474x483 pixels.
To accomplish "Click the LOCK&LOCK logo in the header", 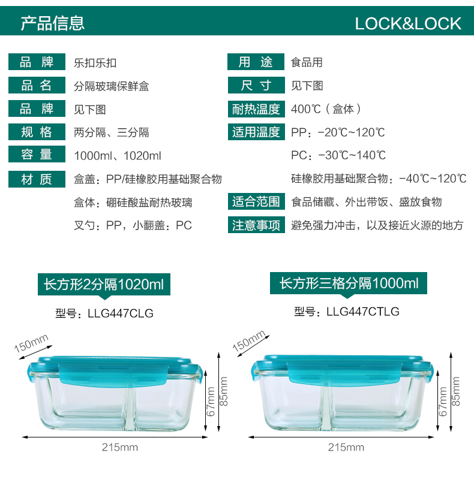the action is pyautogui.click(x=407, y=24).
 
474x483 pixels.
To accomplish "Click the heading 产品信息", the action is pyautogui.click(x=52, y=23).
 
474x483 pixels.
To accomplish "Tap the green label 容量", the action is pyautogui.click(x=37, y=155).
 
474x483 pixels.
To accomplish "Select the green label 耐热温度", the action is pyautogui.click(x=256, y=109).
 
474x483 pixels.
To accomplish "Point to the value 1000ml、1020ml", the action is pyautogui.click(x=118, y=156).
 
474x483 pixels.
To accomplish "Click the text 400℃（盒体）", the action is pyautogui.click(x=326, y=109).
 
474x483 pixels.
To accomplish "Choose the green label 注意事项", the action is pyautogui.click(x=256, y=225).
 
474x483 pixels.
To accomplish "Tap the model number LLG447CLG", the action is pyautogui.click(x=121, y=313).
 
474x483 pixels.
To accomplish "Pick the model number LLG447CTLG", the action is pyautogui.click(x=362, y=312).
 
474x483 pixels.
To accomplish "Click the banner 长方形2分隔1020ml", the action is pyautogui.click(x=104, y=284).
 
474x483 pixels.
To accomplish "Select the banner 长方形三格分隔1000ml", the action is pyautogui.click(x=349, y=283).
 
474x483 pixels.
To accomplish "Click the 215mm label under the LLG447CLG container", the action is pyautogui.click(x=120, y=447).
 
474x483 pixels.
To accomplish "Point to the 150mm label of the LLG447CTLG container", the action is pyautogui.click(x=249, y=341).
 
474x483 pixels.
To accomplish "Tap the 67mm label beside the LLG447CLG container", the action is pyautogui.click(x=211, y=402).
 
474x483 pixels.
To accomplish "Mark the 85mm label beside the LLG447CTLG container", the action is pyautogui.click(x=455, y=391).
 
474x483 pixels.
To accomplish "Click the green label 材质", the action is pyautogui.click(x=37, y=179).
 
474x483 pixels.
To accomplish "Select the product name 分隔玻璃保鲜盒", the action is pyautogui.click(x=112, y=86).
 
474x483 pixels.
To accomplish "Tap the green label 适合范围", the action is pyautogui.click(x=256, y=202).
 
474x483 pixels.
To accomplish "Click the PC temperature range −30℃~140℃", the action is pyautogui.click(x=352, y=155).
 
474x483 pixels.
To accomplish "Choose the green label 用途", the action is pyautogui.click(x=256, y=62).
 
